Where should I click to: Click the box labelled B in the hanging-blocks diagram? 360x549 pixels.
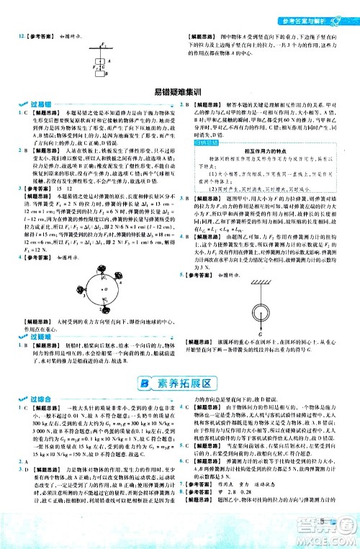click(102, 73)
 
